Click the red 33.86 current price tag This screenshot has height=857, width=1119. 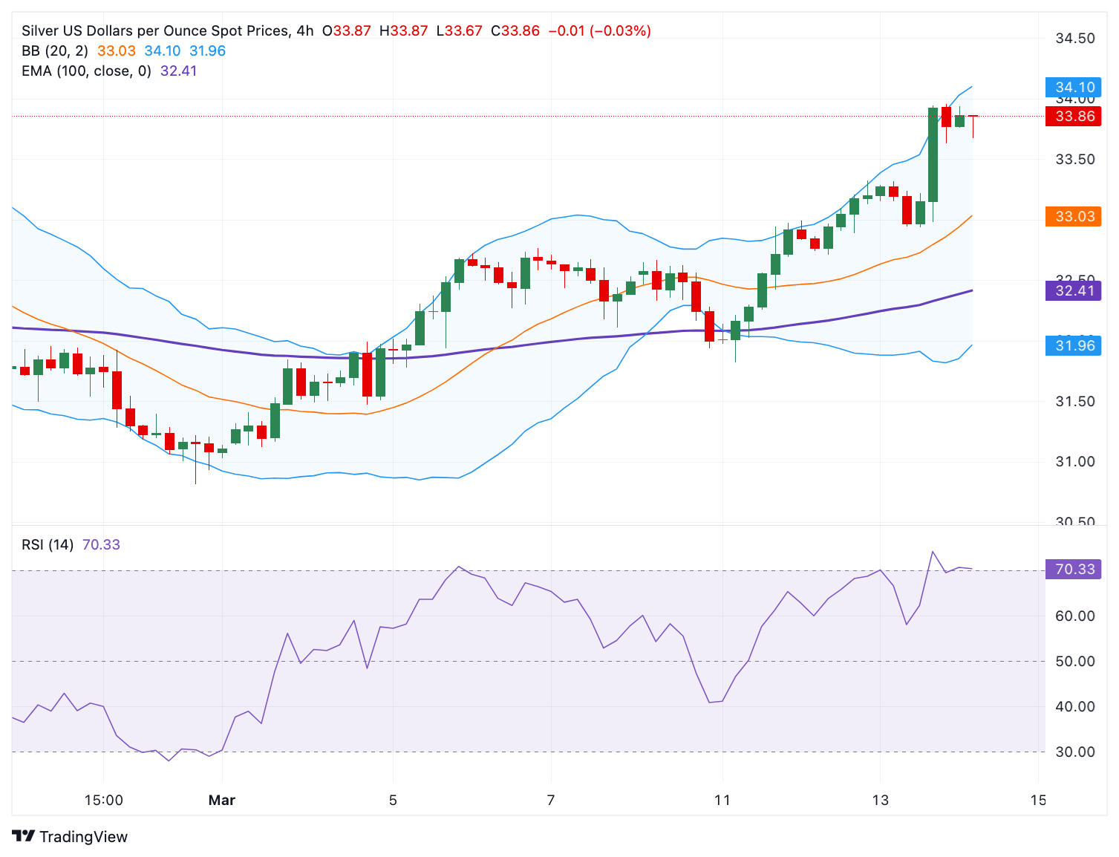(x=1074, y=116)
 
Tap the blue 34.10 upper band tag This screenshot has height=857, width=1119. (x=1074, y=88)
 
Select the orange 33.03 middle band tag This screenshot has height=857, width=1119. (x=1074, y=217)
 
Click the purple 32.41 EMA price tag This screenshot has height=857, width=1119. (x=1074, y=290)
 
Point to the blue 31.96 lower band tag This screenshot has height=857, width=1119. (x=1074, y=345)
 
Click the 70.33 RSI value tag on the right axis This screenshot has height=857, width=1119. (x=1074, y=570)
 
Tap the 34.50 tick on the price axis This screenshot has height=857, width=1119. (x=1075, y=39)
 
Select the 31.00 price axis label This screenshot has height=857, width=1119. (x=1075, y=462)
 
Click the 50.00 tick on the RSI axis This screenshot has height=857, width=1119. (x=1075, y=662)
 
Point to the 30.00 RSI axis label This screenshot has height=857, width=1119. (x=1075, y=752)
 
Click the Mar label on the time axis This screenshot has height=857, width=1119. (x=222, y=801)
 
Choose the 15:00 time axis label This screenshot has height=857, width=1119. (x=104, y=801)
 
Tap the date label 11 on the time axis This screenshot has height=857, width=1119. (x=722, y=801)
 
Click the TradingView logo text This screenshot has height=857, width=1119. (x=83, y=837)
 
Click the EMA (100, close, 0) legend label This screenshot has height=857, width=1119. (x=86, y=71)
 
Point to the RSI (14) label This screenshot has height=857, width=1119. (x=48, y=545)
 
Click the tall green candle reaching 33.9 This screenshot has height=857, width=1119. (x=933, y=154)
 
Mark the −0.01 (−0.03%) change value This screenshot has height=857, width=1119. (x=599, y=31)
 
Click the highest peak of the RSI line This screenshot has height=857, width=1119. (x=933, y=552)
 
